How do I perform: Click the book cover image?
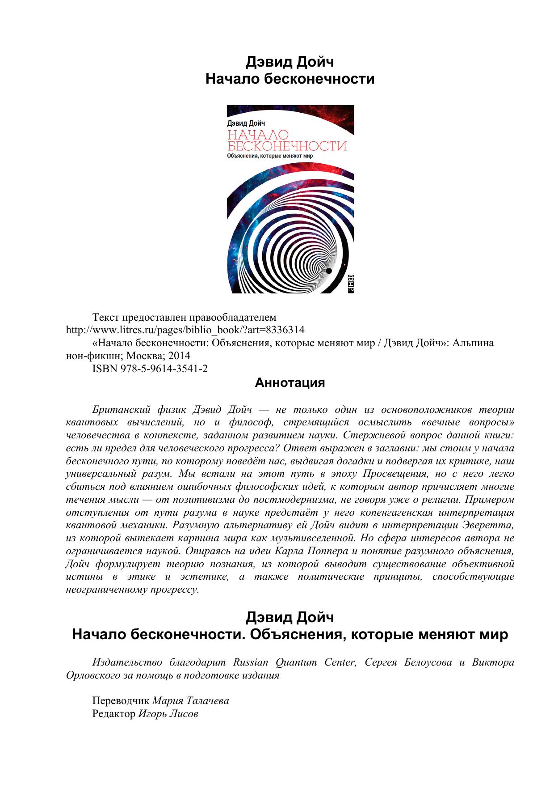coord(290,199)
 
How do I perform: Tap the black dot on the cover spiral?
coord(329,271)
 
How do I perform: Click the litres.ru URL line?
coord(185,330)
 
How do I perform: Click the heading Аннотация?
coord(290,383)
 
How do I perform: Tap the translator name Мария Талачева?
coord(191,700)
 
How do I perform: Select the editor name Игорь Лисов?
coord(168,713)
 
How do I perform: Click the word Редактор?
coord(113,713)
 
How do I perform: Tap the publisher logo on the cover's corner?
coord(350,284)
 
